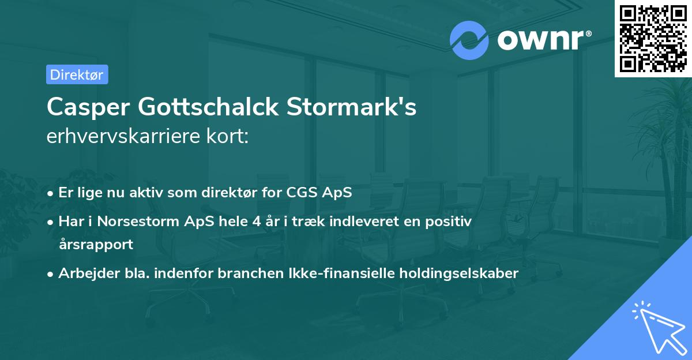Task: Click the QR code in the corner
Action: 653,38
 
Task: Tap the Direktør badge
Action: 77,74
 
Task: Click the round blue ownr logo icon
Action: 469,40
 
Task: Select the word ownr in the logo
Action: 544,40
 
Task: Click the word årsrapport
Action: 96,244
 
